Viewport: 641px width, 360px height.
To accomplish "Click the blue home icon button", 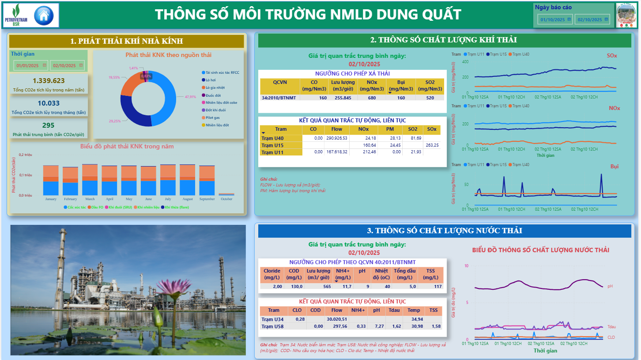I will pos(43,15).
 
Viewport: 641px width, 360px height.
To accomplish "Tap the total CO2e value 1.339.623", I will pos(49,81).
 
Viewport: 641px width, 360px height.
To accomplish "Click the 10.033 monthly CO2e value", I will pos(49,103).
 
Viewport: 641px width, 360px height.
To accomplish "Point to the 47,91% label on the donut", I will pos(190,97).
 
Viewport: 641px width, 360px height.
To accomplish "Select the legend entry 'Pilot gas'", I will pos(212,117).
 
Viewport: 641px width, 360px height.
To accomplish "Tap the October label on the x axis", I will pos(226,199).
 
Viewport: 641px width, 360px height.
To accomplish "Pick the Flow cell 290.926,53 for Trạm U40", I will pos(337,138).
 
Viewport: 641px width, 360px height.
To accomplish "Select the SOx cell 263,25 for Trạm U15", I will pos(432,145).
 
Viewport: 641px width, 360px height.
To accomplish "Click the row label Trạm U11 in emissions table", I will pos(272,152).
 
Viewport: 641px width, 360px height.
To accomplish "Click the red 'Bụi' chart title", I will pos(614,167).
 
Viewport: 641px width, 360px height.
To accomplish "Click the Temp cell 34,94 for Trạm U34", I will pos(417,319).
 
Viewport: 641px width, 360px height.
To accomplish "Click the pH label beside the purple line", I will pos(610,286).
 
